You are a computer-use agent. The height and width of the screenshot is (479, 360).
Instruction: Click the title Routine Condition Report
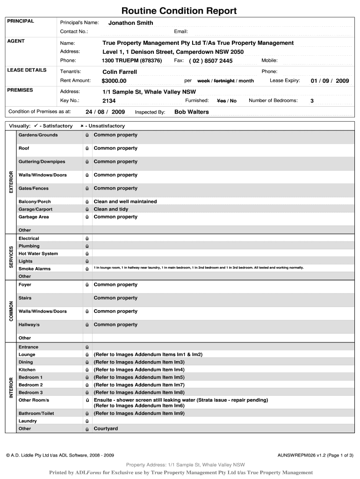(x=179, y=11)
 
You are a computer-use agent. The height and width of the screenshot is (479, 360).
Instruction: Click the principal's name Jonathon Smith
(x=130, y=23)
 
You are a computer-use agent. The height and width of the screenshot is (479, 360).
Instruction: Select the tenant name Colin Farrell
(x=120, y=72)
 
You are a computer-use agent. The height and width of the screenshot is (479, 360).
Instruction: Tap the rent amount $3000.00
(x=114, y=81)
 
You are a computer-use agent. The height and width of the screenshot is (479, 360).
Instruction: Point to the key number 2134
(x=109, y=101)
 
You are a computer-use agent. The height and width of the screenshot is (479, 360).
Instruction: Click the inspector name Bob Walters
(x=191, y=112)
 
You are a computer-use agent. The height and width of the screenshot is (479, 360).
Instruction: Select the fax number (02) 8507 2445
(x=210, y=61)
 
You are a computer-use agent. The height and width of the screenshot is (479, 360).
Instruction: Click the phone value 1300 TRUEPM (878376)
(x=132, y=61)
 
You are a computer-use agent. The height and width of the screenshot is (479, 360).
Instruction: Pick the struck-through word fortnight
(x=224, y=81)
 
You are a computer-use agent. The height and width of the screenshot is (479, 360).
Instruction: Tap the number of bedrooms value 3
(x=312, y=101)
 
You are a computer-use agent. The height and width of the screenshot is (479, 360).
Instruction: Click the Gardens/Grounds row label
(x=38, y=135)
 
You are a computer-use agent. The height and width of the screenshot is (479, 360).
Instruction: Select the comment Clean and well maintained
(x=125, y=202)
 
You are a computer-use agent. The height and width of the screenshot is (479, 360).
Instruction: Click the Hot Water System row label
(x=38, y=254)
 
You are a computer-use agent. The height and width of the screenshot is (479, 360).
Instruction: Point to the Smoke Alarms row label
(x=35, y=269)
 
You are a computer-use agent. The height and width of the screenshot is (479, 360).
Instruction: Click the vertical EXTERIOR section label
(x=12, y=181)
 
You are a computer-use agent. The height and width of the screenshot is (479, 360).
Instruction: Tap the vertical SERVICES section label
(x=12, y=257)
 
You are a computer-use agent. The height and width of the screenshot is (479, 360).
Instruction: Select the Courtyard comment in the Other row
(x=106, y=429)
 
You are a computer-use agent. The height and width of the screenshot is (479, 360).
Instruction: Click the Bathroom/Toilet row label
(x=36, y=414)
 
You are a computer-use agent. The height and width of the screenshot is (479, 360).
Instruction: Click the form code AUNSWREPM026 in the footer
(x=296, y=455)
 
